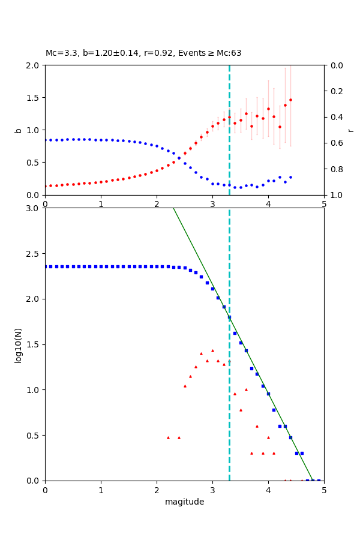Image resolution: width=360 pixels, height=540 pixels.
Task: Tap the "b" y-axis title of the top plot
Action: pyautogui.click(x=18, y=130)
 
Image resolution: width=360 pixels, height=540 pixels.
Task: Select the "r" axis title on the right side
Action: pyautogui.click(x=351, y=130)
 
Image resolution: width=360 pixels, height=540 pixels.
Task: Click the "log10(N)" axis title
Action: pyautogui.click(x=18, y=344)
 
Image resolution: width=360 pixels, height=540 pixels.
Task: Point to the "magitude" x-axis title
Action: pyautogui.click(x=184, y=502)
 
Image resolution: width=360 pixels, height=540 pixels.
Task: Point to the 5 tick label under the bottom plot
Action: pyautogui.click(x=324, y=490)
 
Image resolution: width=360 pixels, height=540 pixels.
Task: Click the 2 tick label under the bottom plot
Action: pyautogui.click(x=157, y=490)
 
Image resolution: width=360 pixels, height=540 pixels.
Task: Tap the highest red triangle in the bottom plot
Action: pyautogui.click(x=212, y=350)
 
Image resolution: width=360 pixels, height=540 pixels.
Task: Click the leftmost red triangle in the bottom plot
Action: pyautogui.click(x=168, y=437)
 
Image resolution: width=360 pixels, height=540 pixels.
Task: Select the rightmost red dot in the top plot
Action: pyautogui.click(x=290, y=100)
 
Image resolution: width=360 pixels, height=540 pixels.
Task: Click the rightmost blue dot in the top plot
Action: pyautogui.click(x=290, y=177)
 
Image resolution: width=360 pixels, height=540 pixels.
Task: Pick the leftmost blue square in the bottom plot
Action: pyautogui.click(x=46, y=266)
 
